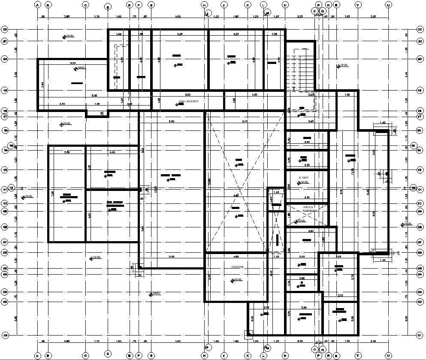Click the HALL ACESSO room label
pos(189,101)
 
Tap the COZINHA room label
pos(237,267)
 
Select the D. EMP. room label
pos(303,177)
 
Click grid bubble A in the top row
pos(37,5)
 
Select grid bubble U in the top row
pos(388,5)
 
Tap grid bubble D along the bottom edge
pos(108,354)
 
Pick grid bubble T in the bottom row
pos(357,356)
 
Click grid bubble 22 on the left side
pos(5,29)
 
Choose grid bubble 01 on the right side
pos(420,335)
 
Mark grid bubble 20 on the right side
pos(420,59)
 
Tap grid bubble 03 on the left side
pos(5,292)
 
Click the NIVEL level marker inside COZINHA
pos(237,280)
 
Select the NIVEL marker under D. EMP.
pos(304,182)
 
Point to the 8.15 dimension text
pos(245,121)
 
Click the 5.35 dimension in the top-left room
pos(73,63)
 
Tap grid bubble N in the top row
pos(285,5)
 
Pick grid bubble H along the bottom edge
pos(205,356)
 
